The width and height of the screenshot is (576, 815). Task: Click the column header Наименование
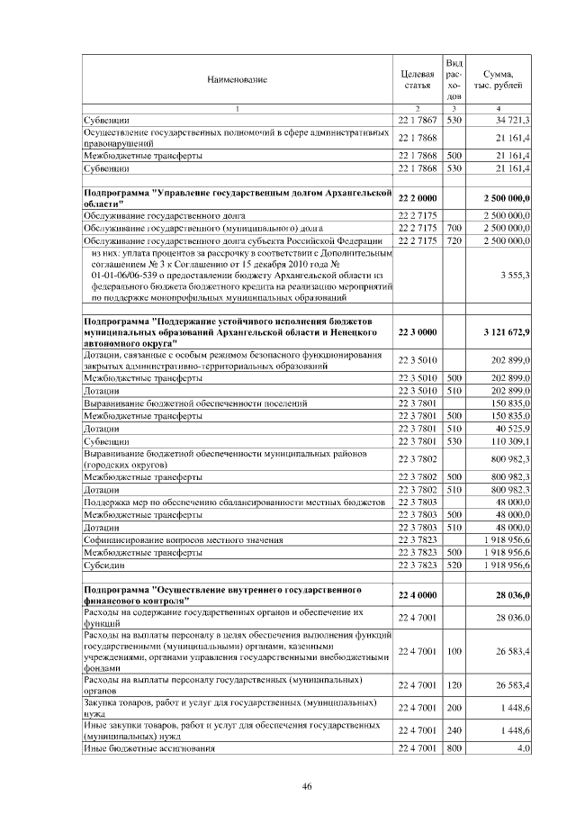237,80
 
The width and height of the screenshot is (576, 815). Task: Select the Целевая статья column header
416,79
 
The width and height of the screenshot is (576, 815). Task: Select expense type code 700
454,229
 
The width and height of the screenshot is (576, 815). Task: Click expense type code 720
454,241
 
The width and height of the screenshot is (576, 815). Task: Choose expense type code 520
454,565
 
